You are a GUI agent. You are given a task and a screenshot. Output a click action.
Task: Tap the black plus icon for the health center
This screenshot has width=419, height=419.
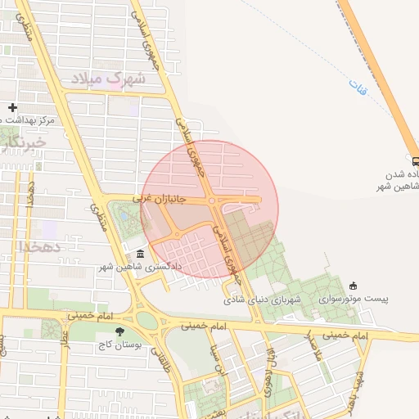pyautogui.click(x=12, y=107)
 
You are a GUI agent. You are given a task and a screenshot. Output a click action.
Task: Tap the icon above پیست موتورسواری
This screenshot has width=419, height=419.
pyautogui.click(x=353, y=286)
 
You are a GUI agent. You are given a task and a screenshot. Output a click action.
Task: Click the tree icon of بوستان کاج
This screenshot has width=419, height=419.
pyautogui.click(x=120, y=331)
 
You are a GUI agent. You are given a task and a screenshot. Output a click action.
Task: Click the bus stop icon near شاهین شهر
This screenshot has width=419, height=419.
pyautogui.click(x=415, y=161)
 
